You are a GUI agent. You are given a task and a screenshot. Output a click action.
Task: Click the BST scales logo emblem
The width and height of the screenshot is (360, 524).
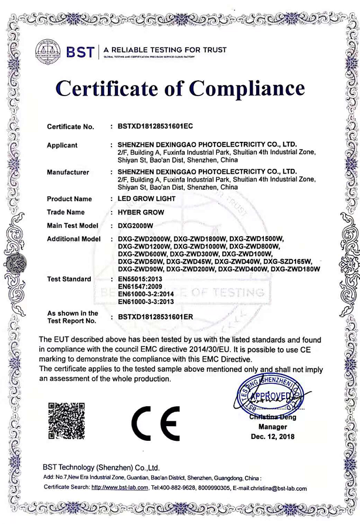click(x=48, y=50)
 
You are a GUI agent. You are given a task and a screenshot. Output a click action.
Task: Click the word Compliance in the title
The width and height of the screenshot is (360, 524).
click(x=248, y=89)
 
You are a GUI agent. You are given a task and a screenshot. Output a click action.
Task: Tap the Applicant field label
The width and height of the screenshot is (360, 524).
click(x=62, y=145)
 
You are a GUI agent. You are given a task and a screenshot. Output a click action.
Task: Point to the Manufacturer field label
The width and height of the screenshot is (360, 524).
click(x=68, y=172)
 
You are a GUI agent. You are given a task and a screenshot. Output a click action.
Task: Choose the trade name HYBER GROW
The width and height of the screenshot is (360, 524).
click(x=141, y=212)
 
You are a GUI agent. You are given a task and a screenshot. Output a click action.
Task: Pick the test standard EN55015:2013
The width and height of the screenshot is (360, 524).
click(x=140, y=279)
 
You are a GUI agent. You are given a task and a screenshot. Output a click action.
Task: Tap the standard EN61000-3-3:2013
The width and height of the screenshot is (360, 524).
click(x=146, y=302)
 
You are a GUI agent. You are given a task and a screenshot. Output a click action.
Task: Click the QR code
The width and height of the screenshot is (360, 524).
click(x=66, y=421)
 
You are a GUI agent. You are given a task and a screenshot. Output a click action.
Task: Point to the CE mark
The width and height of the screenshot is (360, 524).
click(x=156, y=423)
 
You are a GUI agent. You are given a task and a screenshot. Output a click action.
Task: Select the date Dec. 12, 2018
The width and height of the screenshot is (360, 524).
click(x=273, y=437)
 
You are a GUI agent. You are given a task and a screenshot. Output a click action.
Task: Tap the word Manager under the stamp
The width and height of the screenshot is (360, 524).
click(x=273, y=427)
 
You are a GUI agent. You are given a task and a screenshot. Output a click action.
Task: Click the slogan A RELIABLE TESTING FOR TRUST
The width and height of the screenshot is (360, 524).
click(x=165, y=50)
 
